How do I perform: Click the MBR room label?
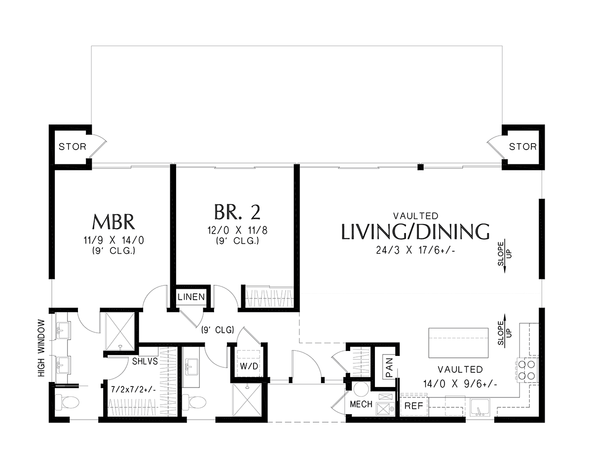[x=113, y=222]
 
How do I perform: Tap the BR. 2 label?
[x=237, y=212]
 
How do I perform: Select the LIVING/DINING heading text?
[x=415, y=232]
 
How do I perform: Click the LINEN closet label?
[x=191, y=297]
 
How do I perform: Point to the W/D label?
[x=249, y=366]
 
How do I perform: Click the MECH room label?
[x=361, y=404]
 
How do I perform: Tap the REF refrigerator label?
[x=414, y=406]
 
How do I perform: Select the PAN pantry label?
[x=390, y=367]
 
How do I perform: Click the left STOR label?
[x=73, y=147]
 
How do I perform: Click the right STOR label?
[x=523, y=147]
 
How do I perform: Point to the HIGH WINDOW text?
[x=41, y=348]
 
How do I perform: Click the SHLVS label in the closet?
[x=145, y=361]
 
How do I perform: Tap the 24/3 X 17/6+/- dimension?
[x=416, y=251]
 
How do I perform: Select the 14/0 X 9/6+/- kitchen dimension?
[x=460, y=384]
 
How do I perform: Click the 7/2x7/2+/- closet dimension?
[x=133, y=389]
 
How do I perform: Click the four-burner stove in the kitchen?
[x=527, y=370]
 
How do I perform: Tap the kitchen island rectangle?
[x=458, y=343]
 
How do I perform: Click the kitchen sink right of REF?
[x=480, y=407]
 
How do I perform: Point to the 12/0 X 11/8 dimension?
[x=237, y=230]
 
